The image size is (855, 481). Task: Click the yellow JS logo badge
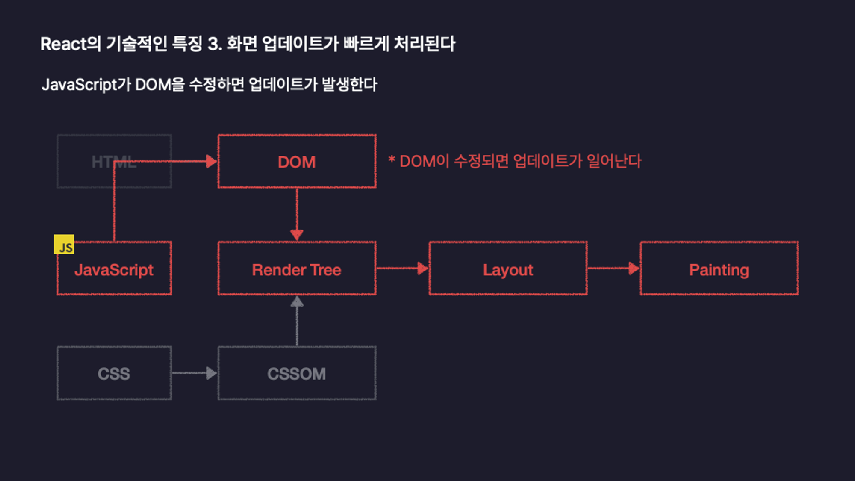pyautogui.click(x=64, y=244)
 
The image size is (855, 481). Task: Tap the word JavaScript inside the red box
pyautogui.click(x=114, y=270)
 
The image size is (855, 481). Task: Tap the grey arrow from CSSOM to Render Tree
pyautogui.click(x=297, y=321)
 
